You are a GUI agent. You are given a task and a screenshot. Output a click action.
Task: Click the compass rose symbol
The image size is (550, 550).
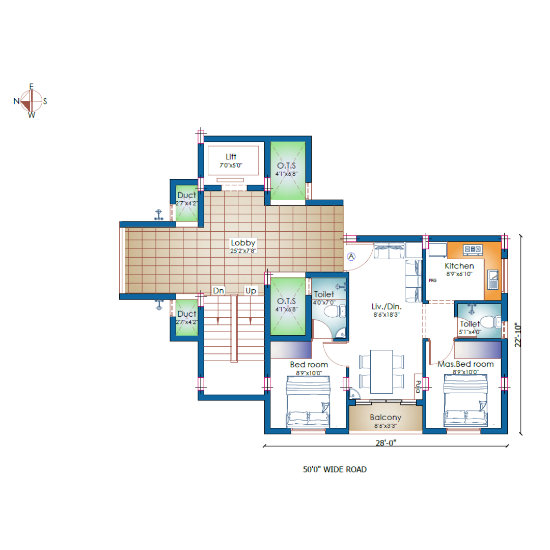click(31, 101)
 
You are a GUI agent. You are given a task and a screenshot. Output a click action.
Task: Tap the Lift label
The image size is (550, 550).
click(231, 156)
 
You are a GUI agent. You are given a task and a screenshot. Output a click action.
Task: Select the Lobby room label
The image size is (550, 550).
click(243, 243)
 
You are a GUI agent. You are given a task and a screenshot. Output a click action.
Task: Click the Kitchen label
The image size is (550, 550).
click(459, 266)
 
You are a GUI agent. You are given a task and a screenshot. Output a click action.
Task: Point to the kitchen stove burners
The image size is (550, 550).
click(473, 249)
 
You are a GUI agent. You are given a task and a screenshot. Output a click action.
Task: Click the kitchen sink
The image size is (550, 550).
click(493, 280)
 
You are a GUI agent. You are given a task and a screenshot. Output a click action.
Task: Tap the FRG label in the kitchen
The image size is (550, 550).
click(432, 280)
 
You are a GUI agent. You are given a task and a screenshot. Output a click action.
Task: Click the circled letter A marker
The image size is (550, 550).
click(351, 257)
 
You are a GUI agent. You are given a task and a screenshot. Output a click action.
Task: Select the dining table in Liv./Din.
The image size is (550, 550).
click(381, 371)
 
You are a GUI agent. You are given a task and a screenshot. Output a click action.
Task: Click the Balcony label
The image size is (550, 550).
click(386, 418)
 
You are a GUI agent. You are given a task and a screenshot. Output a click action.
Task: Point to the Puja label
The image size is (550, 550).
click(418, 386)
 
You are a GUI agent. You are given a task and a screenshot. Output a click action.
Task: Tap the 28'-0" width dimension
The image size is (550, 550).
click(386, 443)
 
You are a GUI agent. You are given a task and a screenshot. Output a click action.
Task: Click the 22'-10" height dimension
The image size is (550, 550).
click(518, 335)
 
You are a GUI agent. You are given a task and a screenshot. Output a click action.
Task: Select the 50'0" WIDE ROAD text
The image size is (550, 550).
click(335, 470)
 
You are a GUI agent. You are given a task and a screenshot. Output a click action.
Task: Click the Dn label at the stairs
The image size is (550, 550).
click(218, 290)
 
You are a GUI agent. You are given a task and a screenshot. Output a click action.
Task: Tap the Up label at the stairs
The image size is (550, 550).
click(251, 290)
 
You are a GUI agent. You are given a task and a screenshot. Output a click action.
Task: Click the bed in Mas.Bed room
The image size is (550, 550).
click(465, 401)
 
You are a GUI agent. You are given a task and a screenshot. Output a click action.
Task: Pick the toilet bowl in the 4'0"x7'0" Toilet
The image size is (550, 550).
click(334, 311)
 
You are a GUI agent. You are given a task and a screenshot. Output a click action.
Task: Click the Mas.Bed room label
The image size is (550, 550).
click(465, 364)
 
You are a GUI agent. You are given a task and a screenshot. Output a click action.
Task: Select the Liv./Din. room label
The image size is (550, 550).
click(387, 307)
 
